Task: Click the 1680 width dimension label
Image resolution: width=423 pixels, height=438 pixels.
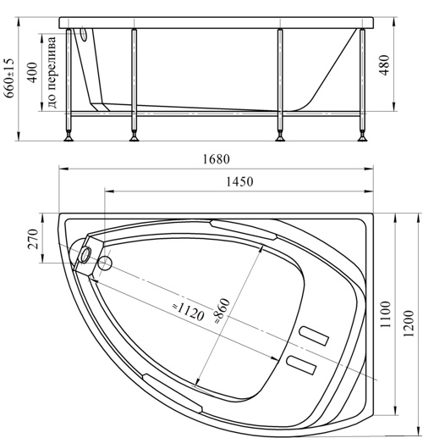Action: tap(217, 159)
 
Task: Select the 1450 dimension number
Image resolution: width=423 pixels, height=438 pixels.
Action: tap(239, 181)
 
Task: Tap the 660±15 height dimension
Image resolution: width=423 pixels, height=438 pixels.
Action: tap(9, 78)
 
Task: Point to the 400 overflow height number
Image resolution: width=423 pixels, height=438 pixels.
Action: tap(33, 72)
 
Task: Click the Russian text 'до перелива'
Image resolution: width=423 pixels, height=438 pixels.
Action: tap(52, 72)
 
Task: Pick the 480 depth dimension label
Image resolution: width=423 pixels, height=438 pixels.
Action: tap(384, 65)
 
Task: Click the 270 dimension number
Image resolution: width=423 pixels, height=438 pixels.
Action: tap(33, 239)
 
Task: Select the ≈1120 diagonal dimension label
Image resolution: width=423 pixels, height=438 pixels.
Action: tap(188, 311)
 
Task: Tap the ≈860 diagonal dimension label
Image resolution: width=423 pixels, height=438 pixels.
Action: tap(222, 311)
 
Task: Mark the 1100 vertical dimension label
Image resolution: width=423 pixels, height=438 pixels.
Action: tap(385, 314)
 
